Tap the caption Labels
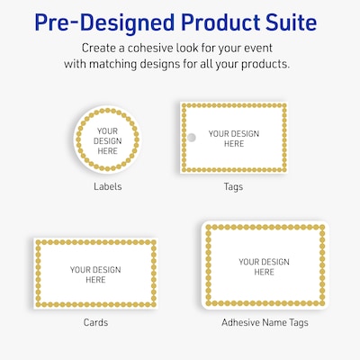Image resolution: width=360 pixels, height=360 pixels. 107,187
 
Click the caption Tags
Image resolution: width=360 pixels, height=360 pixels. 234,187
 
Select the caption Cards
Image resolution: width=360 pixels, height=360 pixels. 96,321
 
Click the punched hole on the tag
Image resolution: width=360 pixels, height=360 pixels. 190,138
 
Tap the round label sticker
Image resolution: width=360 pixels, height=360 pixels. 107,139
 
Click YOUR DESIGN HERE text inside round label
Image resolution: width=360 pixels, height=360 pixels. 107,139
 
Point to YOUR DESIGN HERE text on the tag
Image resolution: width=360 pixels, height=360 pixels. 234,139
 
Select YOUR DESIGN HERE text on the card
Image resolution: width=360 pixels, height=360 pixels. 95,274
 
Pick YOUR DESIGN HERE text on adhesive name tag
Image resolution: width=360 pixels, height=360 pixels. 264,266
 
